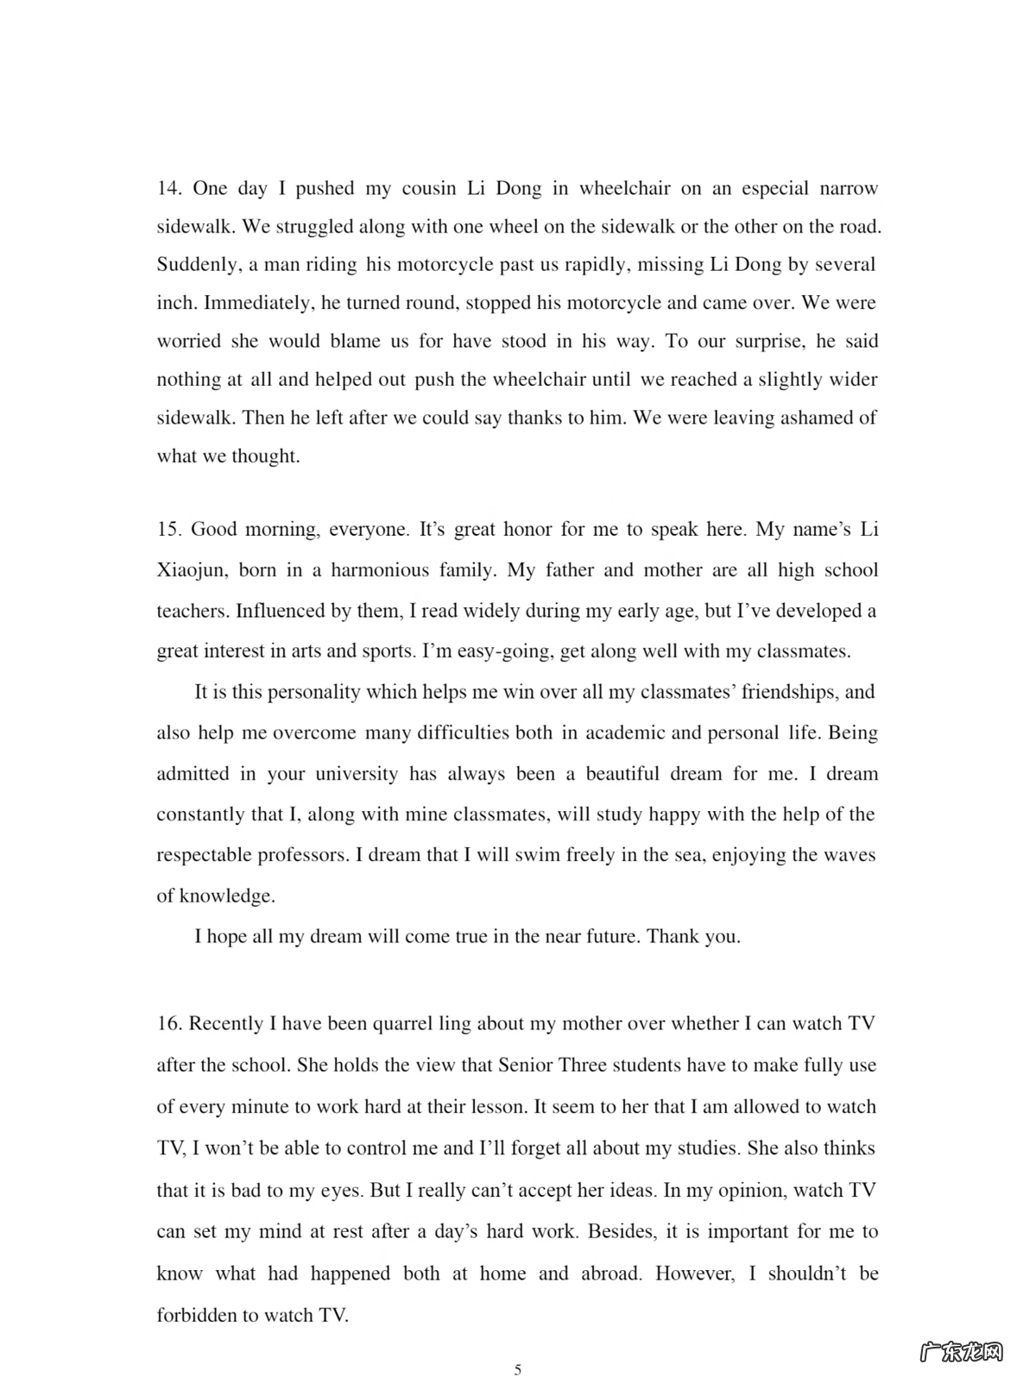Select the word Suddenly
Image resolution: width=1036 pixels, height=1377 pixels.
tap(197, 265)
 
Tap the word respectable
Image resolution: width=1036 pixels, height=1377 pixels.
tap(204, 855)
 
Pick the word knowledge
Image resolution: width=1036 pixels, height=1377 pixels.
tap(226, 896)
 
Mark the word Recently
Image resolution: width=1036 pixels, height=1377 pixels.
tap(226, 1023)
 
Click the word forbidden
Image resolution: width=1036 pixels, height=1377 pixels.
tap(196, 1315)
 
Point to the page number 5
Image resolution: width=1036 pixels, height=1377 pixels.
tap(518, 1368)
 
